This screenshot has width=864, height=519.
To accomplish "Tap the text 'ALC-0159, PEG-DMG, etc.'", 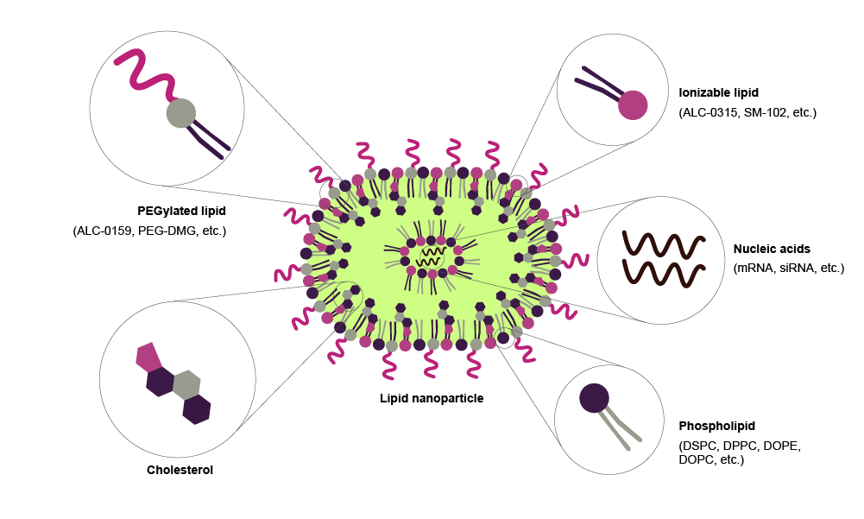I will [x=149, y=231].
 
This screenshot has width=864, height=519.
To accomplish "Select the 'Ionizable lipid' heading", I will [x=718, y=92].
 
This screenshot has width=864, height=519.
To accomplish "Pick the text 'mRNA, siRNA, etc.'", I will [x=788, y=268].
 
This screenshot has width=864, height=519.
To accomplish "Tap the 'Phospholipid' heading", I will [x=716, y=426].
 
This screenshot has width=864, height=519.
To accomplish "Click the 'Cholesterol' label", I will [x=180, y=470].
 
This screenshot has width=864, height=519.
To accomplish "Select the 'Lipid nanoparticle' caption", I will [x=432, y=398].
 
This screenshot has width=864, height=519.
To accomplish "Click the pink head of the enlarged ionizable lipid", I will [x=633, y=104].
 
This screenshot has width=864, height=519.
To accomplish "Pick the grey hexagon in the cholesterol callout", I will [x=186, y=384].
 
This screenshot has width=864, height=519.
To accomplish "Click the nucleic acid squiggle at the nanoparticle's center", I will [x=429, y=256].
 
